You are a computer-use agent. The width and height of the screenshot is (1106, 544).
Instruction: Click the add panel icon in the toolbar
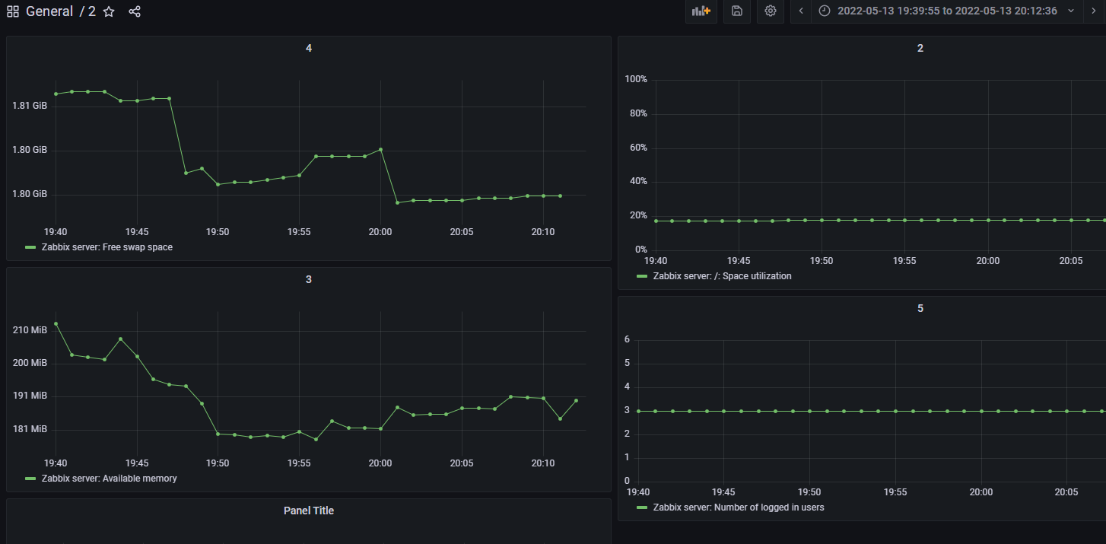click(701, 11)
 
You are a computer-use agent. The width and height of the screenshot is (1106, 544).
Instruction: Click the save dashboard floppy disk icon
click(736, 11)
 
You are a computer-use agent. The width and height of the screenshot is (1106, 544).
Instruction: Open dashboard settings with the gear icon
click(770, 11)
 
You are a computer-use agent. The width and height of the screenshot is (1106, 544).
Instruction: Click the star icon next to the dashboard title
click(109, 11)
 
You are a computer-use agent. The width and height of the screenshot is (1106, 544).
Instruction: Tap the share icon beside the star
click(135, 11)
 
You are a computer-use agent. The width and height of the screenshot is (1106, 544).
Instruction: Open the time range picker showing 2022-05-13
click(946, 11)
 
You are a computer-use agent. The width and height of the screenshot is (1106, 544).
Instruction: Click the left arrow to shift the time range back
click(800, 11)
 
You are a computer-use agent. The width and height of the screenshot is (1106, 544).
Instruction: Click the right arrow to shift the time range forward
click(1094, 11)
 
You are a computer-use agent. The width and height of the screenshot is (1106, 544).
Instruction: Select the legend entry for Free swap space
click(106, 247)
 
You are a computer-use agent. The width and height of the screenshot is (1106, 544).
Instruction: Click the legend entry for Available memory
click(109, 479)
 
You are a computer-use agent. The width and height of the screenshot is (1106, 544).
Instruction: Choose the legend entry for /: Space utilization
click(721, 276)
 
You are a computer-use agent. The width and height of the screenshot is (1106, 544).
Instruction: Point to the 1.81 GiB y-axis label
click(30, 105)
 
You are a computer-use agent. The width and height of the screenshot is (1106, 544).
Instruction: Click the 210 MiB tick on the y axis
click(30, 330)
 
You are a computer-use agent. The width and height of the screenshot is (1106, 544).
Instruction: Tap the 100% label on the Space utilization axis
click(635, 79)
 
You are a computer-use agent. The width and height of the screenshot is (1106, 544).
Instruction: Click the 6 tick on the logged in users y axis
click(627, 339)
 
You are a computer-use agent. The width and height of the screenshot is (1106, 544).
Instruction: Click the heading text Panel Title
click(308, 511)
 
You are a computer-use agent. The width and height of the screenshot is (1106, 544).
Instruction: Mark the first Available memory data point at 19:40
click(56, 323)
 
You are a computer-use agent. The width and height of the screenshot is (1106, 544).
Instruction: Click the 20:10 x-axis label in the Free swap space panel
click(542, 231)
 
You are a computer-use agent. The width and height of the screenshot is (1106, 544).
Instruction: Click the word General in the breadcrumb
click(49, 11)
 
